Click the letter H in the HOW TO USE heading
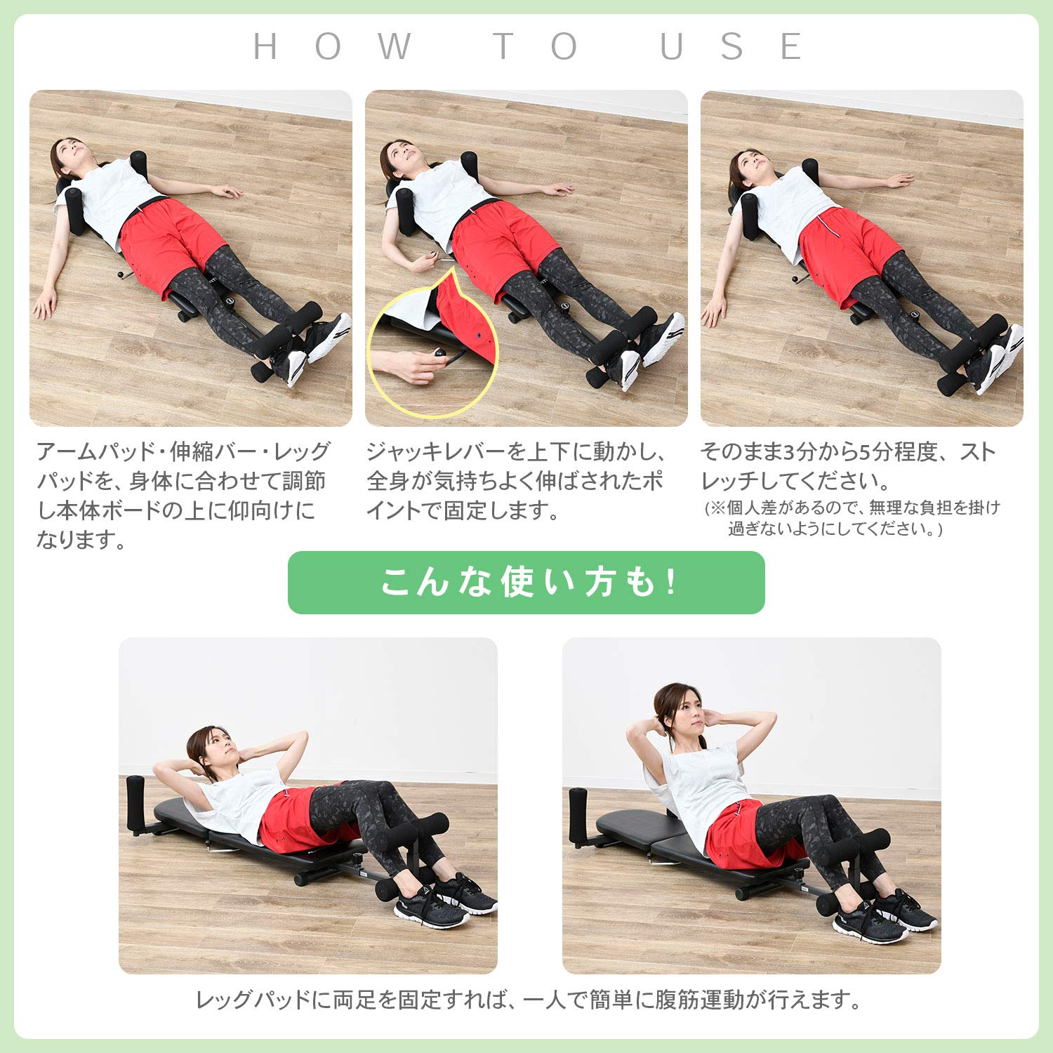265,47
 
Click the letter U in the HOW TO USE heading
671,47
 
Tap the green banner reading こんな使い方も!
526,583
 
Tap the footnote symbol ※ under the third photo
717,508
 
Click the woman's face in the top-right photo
750,166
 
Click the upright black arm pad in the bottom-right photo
578,814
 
